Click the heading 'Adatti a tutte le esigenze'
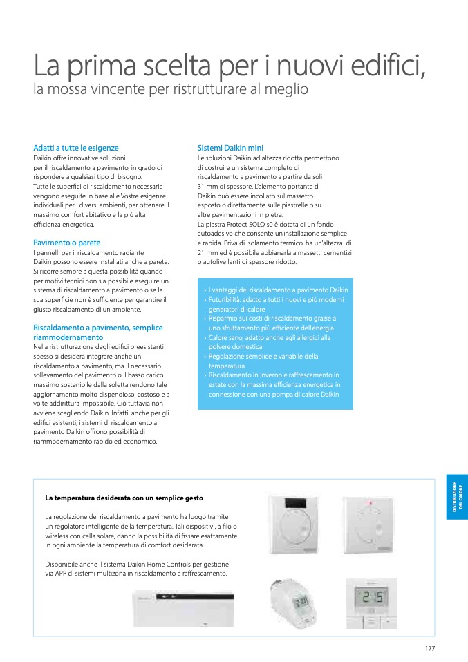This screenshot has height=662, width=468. point(76,148)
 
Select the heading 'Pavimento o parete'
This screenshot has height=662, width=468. point(67,243)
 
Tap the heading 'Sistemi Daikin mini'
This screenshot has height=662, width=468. point(230,148)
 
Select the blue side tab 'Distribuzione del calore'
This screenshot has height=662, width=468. point(457,496)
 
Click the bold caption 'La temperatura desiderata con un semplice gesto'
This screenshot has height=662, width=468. point(124,498)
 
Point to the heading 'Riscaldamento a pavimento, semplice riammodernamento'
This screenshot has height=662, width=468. point(98,332)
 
